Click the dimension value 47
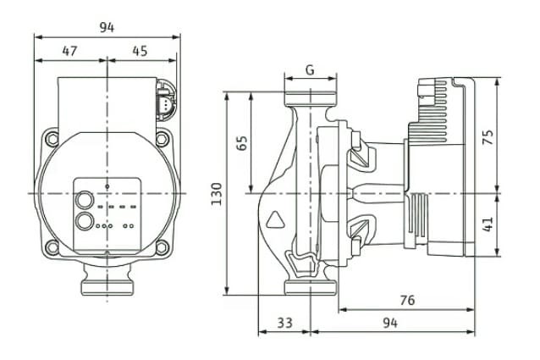click(69, 51)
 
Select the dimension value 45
click(140, 51)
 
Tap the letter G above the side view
click(310, 70)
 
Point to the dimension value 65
click(241, 142)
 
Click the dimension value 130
click(217, 194)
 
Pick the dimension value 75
click(487, 137)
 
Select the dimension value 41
click(487, 224)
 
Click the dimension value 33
click(284, 323)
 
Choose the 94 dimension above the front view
click(106, 27)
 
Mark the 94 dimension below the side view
click(390, 323)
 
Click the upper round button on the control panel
click(85, 202)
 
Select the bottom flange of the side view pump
click(310, 288)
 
